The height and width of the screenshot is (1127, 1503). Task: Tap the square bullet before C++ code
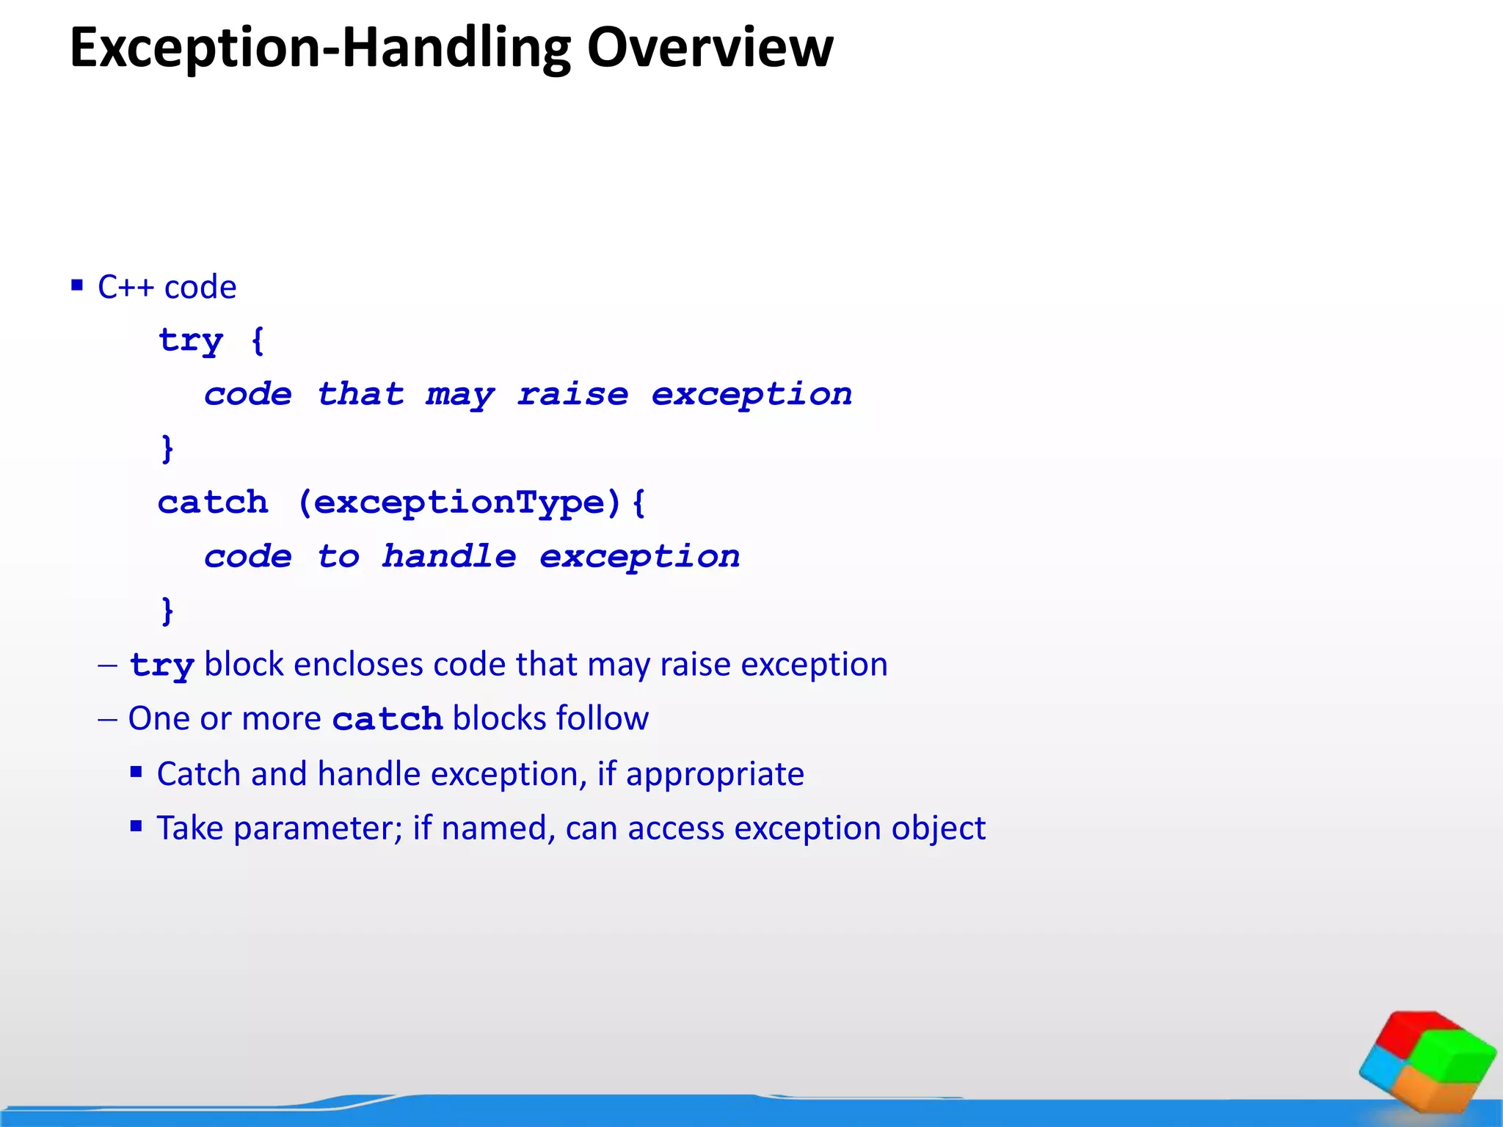click(x=77, y=285)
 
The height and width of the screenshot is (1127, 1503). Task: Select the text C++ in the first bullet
click(x=125, y=287)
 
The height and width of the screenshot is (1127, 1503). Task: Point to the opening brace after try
click(x=258, y=341)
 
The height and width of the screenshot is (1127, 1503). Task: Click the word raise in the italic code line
click(x=572, y=395)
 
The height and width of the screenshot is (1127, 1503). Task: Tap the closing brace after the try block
click(x=167, y=448)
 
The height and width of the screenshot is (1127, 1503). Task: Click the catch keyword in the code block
click(x=213, y=503)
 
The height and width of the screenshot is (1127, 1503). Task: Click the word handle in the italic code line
click(x=448, y=557)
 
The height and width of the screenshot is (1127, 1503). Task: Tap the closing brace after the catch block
click(x=167, y=610)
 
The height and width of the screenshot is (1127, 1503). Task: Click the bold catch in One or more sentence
click(x=387, y=719)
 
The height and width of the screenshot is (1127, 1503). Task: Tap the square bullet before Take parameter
click(x=136, y=826)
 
